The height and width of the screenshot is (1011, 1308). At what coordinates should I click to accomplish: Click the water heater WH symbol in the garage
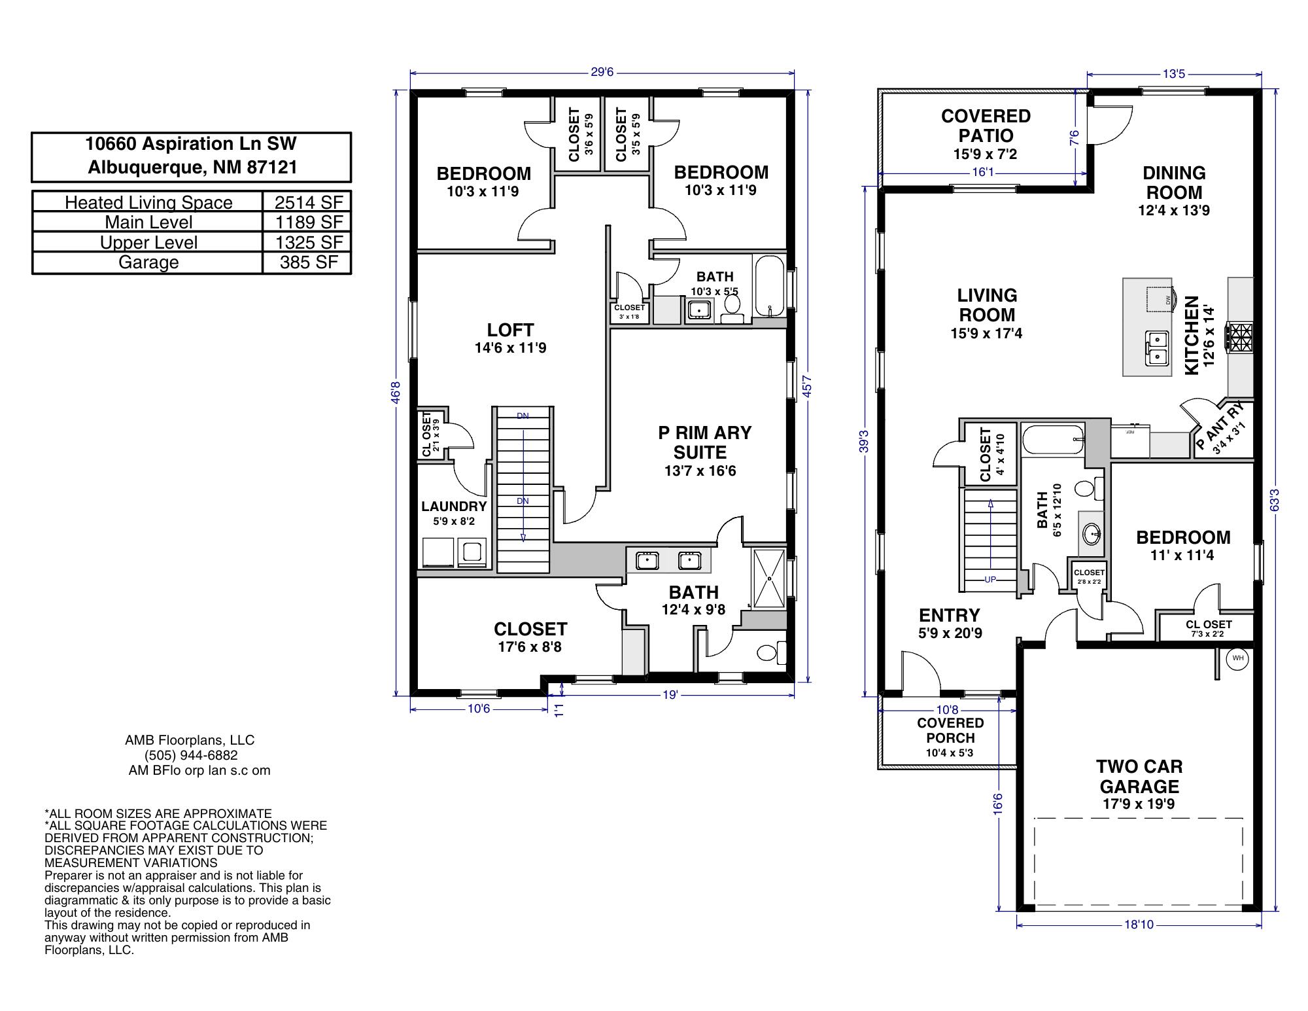1237,658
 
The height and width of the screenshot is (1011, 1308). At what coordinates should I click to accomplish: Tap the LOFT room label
510,330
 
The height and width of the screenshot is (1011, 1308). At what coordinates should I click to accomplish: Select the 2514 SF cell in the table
309,202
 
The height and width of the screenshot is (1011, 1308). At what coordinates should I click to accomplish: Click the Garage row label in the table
148,262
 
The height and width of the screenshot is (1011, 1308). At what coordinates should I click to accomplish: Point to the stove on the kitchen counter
1240,338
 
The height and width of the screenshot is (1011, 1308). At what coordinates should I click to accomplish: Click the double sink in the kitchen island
1156,348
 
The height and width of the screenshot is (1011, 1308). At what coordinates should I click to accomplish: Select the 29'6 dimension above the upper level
602,72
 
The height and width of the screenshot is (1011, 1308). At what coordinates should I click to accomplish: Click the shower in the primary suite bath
770,578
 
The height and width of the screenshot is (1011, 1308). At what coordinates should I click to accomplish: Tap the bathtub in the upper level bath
769,287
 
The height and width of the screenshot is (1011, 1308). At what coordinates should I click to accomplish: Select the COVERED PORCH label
950,730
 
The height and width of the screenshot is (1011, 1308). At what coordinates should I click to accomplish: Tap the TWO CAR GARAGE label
1139,776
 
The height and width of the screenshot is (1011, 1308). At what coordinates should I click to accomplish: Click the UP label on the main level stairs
990,580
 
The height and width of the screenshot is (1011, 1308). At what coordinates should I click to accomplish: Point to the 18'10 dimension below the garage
1139,925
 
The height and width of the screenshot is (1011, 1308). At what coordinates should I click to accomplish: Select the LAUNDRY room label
454,506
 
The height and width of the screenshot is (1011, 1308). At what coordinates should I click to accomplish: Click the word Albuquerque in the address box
148,168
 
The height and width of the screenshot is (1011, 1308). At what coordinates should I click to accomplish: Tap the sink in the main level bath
1092,533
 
